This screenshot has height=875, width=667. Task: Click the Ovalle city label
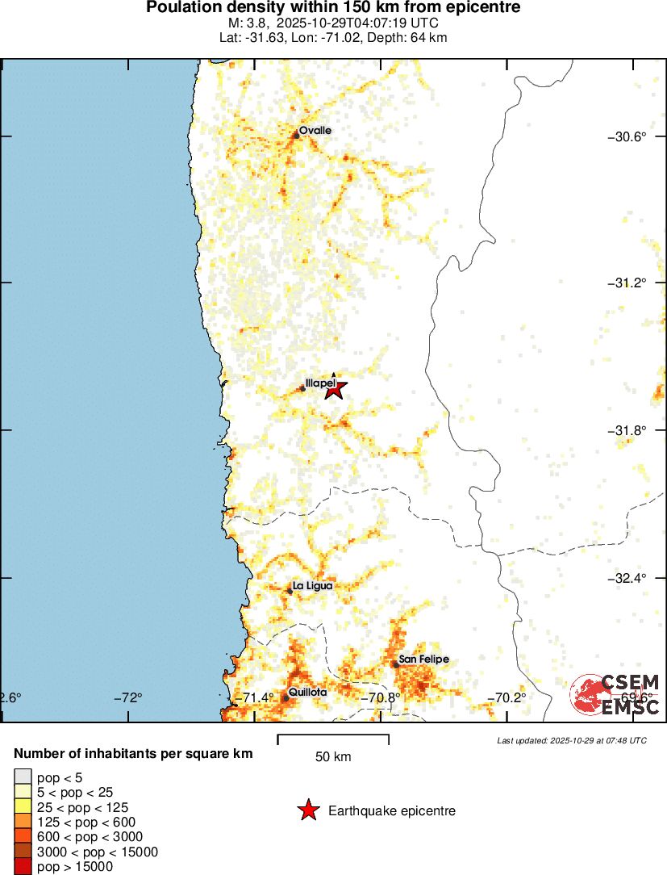click(315, 130)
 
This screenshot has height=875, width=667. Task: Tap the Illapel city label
click(319, 383)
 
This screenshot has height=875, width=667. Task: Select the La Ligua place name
click(312, 585)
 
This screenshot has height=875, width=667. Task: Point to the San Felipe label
click(423, 659)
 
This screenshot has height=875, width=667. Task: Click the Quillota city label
click(307, 693)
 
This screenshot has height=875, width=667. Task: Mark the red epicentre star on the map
click(336, 390)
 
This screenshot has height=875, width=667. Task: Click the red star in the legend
click(307, 810)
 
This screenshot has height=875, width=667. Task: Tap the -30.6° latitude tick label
click(627, 136)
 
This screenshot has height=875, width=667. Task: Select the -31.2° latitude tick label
click(627, 283)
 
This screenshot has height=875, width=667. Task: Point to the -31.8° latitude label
click(627, 430)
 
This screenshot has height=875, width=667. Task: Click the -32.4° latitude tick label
click(627, 578)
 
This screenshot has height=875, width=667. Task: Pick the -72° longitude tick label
click(128, 697)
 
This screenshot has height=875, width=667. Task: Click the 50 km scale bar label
click(333, 757)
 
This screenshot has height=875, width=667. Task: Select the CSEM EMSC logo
click(615, 694)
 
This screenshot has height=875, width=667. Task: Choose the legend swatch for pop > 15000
click(23, 866)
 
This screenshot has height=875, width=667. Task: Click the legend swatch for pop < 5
click(23, 778)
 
